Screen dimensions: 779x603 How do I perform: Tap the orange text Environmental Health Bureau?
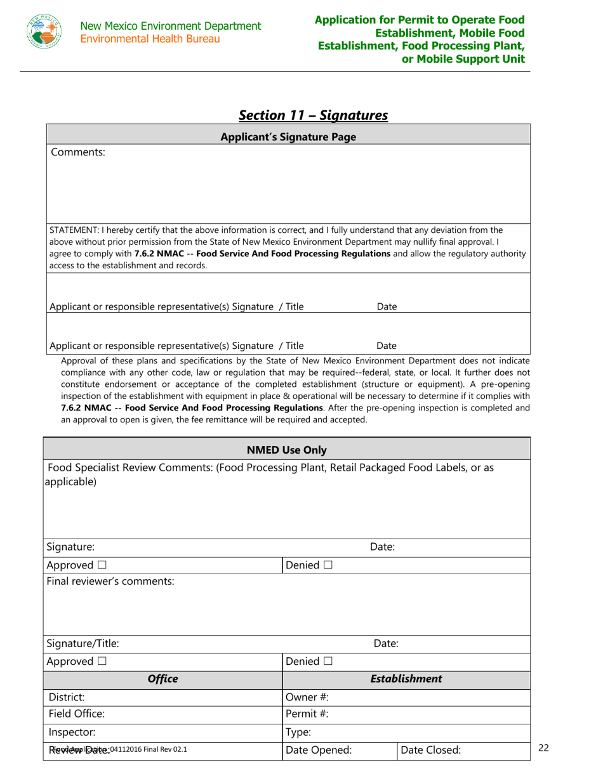coord(150,39)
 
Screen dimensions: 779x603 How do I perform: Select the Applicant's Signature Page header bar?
coord(288,137)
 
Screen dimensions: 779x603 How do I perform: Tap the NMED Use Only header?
coord(287,450)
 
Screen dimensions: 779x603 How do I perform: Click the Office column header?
coord(162,679)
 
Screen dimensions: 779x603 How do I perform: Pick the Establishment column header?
coord(406,679)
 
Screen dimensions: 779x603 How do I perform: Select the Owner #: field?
coord(406,697)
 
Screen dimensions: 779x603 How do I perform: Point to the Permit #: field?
coord(406,714)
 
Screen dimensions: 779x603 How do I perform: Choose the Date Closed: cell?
coord(463,750)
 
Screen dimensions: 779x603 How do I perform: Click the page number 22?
coord(543,748)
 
